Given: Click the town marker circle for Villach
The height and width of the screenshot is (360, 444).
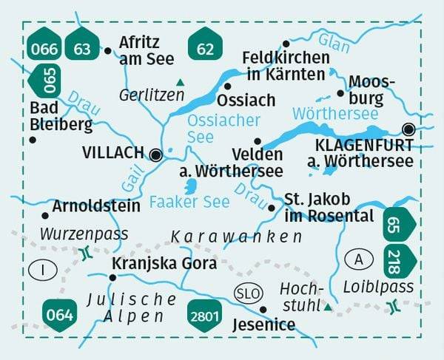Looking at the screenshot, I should click(x=156, y=154).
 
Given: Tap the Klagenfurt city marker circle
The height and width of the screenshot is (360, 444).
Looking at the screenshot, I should click(x=408, y=129).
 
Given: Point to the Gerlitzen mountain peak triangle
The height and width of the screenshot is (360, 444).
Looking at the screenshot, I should click(x=180, y=82).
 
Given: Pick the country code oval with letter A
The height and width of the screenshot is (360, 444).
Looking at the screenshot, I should click(x=359, y=260).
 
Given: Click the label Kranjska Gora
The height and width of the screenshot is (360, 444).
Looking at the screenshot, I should click(x=164, y=264).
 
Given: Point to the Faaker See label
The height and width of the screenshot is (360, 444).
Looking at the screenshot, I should click(x=180, y=201).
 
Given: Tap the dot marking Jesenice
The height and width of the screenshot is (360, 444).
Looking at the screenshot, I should click(x=263, y=309).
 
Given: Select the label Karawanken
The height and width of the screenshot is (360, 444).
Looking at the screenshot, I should click(x=237, y=237).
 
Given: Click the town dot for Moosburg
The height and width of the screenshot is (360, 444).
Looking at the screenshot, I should click(x=340, y=93).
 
